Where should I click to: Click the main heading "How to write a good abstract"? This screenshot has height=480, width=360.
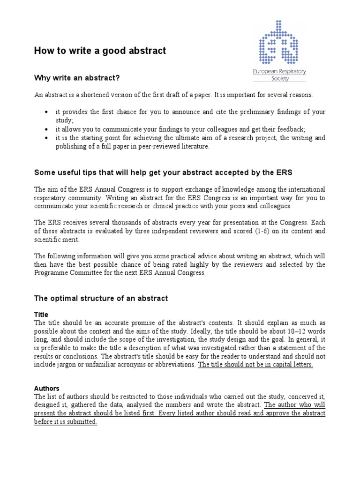point(100,51)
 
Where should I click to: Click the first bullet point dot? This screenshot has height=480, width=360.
point(46,112)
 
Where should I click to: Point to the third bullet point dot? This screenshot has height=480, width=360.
point(46,138)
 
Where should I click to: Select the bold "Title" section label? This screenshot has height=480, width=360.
point(41,315)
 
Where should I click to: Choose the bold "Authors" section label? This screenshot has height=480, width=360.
point(47,388)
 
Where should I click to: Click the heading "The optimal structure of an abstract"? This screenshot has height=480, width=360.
point(101,298)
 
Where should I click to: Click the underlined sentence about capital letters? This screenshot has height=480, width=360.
point(255,364)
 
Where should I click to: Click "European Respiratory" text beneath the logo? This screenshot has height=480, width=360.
point(279,72)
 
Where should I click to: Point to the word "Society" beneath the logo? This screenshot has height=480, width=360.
point(279,78)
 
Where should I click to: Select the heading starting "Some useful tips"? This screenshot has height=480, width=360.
point(163,172)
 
